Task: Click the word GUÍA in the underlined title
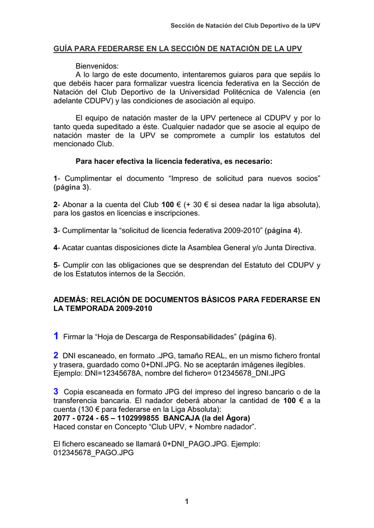[64, 48]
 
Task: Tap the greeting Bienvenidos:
[97, 66]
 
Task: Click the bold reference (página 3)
[72, 187]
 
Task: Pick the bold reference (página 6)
[258, 337]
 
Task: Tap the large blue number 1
[56, 336]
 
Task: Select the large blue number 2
[56, 355]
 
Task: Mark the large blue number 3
[56, 391]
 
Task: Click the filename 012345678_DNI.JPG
[242, 373]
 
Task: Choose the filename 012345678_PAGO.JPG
[93, 452]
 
